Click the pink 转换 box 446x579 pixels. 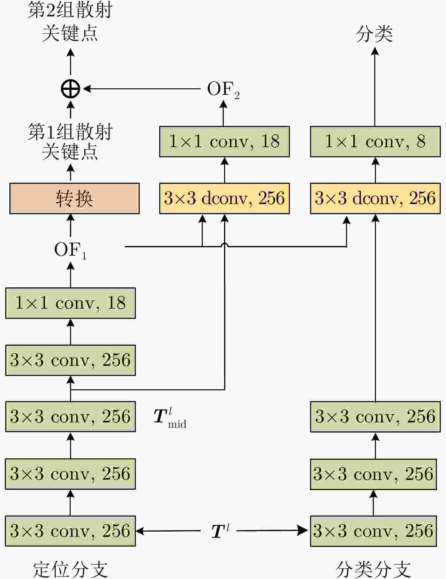(74, 198)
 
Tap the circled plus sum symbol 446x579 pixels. (70, 89)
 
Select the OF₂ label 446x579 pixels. (223, 89)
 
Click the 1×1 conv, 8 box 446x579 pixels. (375, 142)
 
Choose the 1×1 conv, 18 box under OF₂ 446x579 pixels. (224, 142)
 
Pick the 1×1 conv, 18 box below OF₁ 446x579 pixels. (70, 303)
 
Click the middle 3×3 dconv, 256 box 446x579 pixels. (224, 198)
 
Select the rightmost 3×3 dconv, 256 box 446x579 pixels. (375, 198)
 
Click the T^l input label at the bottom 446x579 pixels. (220, 531)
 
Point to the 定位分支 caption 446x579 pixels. (70, 569)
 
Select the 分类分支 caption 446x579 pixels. (373, 569)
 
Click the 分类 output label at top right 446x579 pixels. (374, 34)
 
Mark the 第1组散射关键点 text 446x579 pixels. (70, 142)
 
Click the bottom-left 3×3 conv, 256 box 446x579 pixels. (70, 531)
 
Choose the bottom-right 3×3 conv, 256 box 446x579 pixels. (373, 531)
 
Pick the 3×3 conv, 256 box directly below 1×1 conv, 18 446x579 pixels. (70, 360)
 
